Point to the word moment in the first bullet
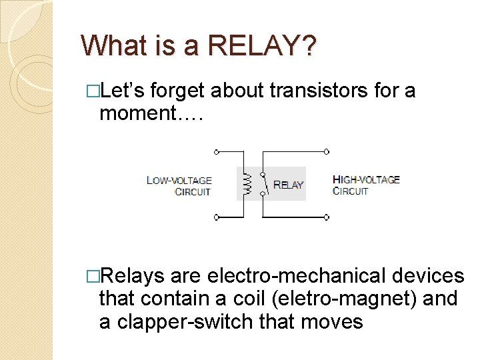[137, 113]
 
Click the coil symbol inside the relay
[246, 184]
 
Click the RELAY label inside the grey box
[288, 185]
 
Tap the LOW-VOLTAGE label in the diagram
[179, 180]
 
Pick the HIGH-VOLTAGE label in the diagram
[366, 179]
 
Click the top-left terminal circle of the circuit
[215, 152]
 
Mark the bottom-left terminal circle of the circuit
[215, 217]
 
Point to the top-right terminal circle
[326, 152]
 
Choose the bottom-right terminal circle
[326, 217]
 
